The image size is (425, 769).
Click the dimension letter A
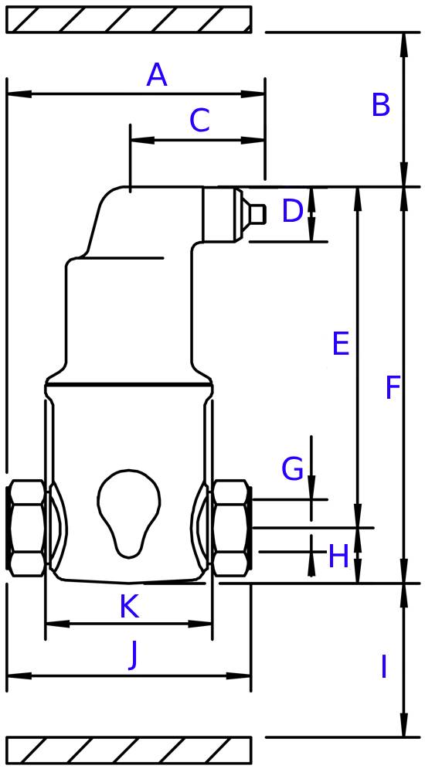[x=157, y=75]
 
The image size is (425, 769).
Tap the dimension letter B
[x=381, y=105]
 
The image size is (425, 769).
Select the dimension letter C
[x=200, y=121]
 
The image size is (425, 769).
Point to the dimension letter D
[x=293, y=211]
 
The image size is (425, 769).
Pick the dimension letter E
[x=341, y=343]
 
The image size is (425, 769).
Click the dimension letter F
[x=393, y=387]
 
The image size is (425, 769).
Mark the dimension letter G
[x=293, y=469]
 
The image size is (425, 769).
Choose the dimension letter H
[x=338, y=556]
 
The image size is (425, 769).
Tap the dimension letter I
[x=384, y=666]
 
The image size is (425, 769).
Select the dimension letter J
[x=132, y=658]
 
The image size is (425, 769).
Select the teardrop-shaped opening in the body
[x=129, y=512]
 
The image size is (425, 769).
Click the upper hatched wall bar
[x=129, y=19]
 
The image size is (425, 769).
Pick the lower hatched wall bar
[x=129, y=750]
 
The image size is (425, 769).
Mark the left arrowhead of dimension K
[x=57, y=624]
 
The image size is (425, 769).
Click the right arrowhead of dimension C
[x=253, y=140]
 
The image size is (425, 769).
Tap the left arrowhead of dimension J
[x=19, y=675]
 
